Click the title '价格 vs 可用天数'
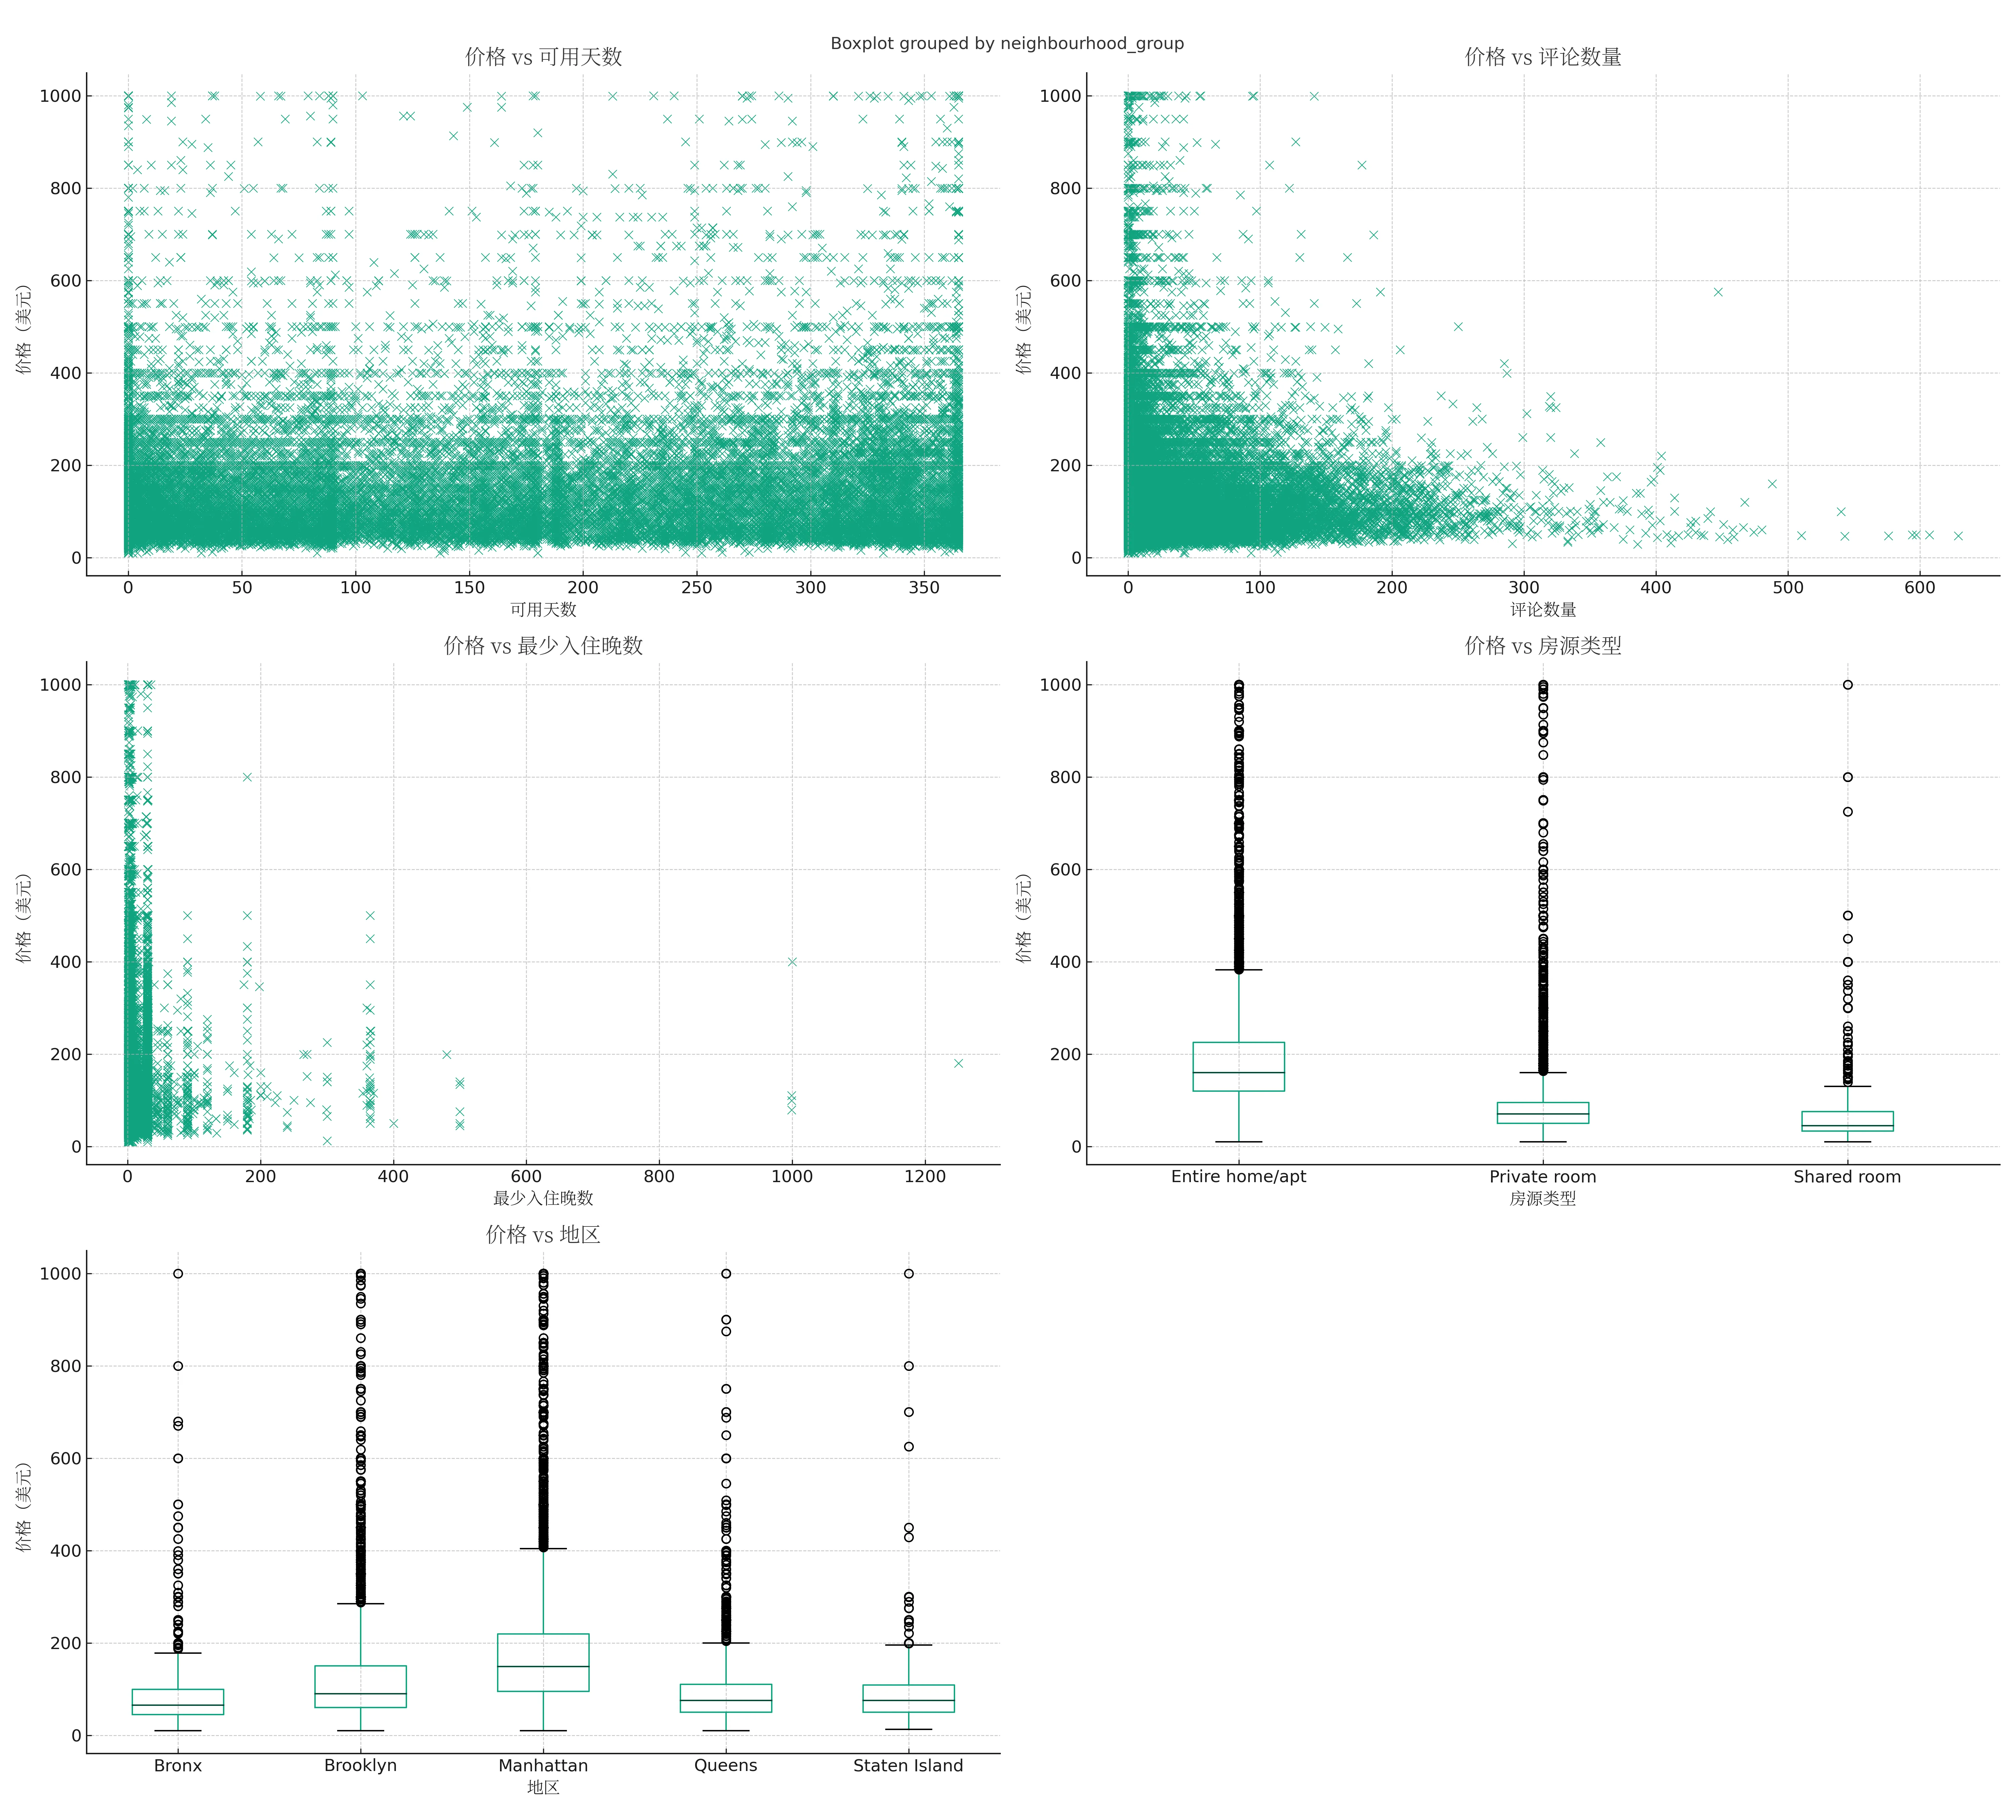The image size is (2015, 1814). [543, 57]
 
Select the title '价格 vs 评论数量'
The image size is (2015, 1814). [1542, 57]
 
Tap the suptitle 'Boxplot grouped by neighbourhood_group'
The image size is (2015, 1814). [1006, 44]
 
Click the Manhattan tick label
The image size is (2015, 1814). [543, 1765]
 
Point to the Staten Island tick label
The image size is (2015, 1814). [908, 1765]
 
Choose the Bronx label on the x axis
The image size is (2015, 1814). [177, 1765]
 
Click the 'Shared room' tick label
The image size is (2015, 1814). [1847, 1176]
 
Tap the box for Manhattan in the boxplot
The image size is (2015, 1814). [543, 1662]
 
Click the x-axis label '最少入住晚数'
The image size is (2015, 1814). [543, 1198]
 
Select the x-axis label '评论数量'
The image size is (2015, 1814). [1542, 609]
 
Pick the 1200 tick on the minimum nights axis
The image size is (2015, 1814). [925, 1176]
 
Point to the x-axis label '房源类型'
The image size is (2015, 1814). [1542, 1198]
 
